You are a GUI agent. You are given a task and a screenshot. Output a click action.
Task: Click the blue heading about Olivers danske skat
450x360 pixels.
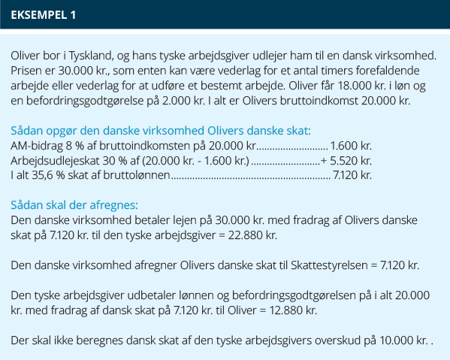pyautogui.click(x=161, y=129)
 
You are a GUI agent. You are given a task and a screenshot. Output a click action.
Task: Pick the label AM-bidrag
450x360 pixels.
pyautogui.click(x=38, y=145)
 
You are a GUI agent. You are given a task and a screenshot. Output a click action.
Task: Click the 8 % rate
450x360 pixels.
pyautogui.click(x=77, y=145)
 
